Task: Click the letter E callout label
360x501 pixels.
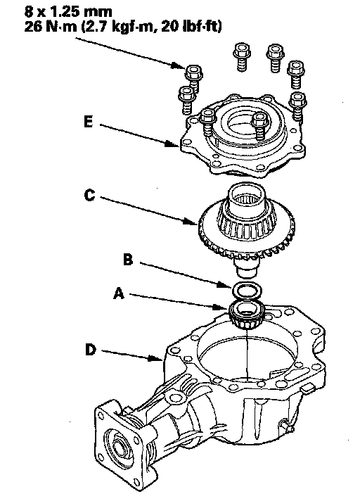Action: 89,122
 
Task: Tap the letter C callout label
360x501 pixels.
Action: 90,195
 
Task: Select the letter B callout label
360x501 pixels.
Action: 128,260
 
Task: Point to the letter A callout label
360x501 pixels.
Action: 119,293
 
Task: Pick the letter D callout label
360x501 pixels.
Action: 91,349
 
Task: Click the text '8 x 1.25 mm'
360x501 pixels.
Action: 68,12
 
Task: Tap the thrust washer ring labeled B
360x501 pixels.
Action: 247,290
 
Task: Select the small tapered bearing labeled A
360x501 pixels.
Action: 246,314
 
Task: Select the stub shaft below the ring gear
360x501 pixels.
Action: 247,268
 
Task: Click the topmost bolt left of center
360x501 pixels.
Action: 242,57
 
